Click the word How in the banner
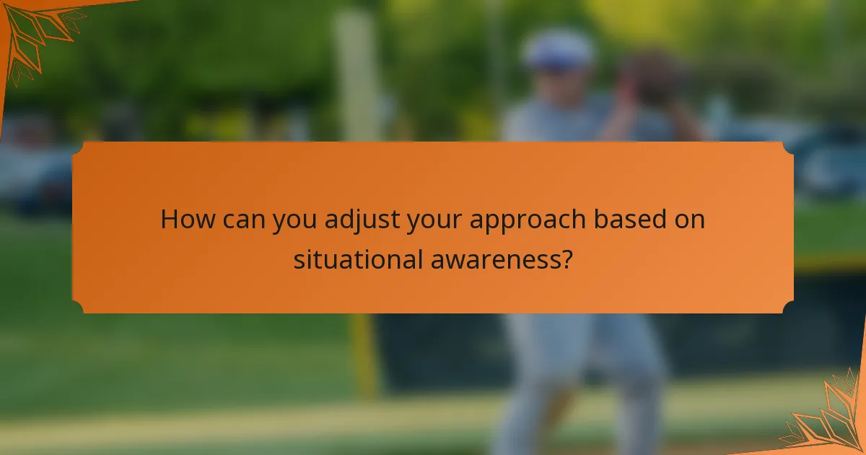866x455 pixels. pos(186,219)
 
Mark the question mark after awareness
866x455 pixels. pos(567,259)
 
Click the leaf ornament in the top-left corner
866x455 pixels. pos(36,32)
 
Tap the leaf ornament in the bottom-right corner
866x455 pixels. pos(830,419)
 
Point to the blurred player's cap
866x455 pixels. pos(559,49)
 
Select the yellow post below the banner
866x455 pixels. pos(364,354)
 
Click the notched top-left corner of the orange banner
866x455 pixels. pos(79,148)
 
